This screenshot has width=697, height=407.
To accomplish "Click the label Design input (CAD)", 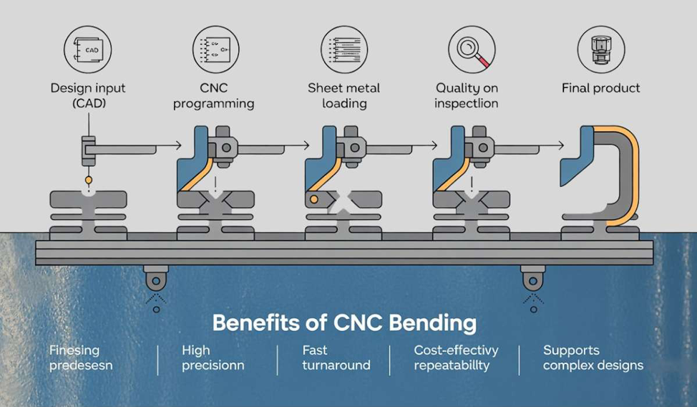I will click(x=88, y=95).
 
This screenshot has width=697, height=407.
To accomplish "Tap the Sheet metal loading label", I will click(x=344, y=95).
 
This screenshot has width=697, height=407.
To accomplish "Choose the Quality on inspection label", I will click(x=467, y=95).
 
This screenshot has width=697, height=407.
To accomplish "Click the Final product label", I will click(x=601, y=88).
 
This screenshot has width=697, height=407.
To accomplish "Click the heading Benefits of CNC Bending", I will click(x=344, y=322).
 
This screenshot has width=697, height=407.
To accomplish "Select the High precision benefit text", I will click(x=212, y=358).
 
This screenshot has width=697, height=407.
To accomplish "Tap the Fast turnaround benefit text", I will click(x=336, y=358).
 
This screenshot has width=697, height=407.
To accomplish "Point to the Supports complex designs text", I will click(x=593, y=358).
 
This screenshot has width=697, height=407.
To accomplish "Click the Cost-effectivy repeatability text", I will click(x=456, y=358).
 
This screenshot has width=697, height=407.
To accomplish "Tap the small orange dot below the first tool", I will click(x=88, y=178).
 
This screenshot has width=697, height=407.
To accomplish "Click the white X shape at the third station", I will click(x=343, y=203).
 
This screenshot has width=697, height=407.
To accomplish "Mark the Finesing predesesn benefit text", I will click(x=81, y=358).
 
